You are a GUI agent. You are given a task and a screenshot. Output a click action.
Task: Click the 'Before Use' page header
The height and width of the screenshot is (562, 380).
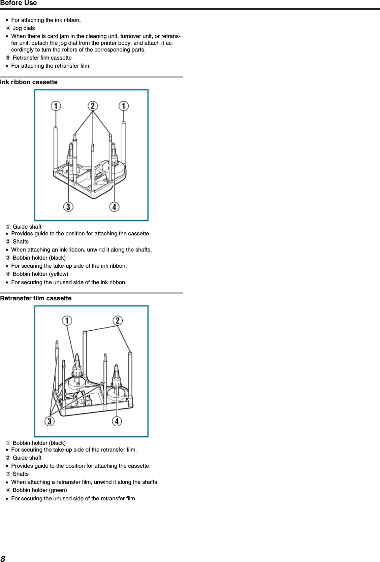[19, 3]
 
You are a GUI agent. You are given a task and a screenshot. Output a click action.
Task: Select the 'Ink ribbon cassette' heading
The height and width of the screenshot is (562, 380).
[29, 82]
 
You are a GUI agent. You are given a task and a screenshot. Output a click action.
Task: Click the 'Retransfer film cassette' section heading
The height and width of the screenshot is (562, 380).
[36, 298]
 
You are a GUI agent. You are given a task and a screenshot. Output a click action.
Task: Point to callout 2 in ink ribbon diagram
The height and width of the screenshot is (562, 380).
[93, 106]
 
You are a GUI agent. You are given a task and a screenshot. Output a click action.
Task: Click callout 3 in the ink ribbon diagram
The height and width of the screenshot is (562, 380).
[68, 206]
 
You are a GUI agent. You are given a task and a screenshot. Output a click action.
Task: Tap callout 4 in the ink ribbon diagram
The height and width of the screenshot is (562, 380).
[115, 206]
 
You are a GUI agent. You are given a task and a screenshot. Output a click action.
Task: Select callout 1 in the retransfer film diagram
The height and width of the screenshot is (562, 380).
[67, 320]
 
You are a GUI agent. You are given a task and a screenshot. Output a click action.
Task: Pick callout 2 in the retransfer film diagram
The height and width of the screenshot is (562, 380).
[118, 320]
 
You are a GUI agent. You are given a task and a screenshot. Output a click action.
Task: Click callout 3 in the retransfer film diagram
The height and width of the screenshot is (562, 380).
[50, 421]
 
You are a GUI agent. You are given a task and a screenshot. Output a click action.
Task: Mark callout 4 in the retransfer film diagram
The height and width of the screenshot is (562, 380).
[117, 421]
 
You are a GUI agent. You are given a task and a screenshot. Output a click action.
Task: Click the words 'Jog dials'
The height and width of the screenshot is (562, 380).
[24, 28]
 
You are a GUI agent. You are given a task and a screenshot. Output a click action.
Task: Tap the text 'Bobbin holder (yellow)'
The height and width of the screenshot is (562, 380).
[40, 274]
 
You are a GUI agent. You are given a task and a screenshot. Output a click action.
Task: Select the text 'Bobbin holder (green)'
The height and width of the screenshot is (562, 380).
[40, 490]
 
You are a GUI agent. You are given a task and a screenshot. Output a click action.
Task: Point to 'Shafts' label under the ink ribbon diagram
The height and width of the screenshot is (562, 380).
[21, 242]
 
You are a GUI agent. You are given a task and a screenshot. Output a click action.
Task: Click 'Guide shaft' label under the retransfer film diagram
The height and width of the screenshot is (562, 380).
[27, 458]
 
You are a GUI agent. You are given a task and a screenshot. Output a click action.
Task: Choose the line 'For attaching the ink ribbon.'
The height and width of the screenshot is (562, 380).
[46, 20]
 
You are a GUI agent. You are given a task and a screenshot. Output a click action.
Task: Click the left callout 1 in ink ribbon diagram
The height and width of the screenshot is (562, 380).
[56, 106]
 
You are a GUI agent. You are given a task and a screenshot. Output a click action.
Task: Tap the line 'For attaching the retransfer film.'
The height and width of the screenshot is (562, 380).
[51, 66]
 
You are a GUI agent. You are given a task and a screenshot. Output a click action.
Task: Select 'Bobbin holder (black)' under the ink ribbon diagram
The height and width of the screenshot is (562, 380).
[39, 258]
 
